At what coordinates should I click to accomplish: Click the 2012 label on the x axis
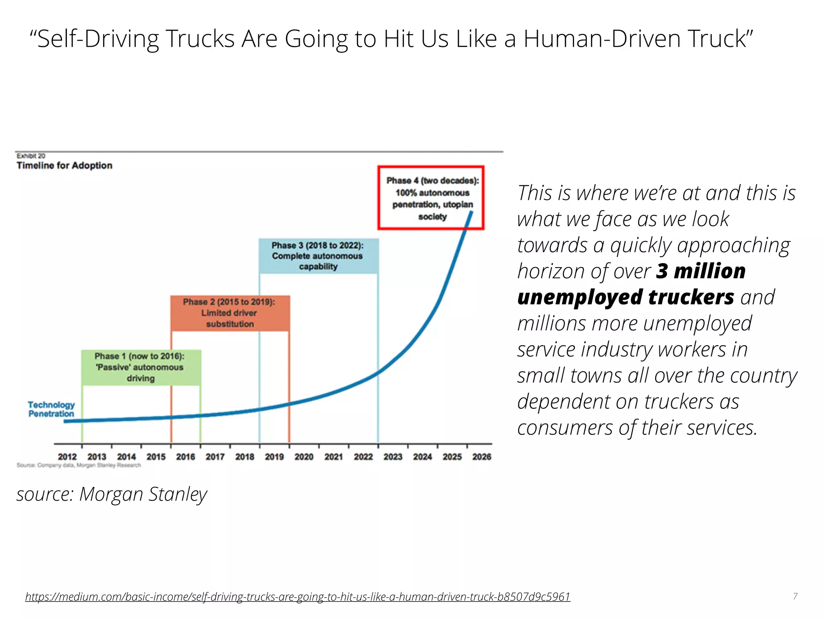tap(67, 457)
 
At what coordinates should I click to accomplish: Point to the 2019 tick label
tap(274, 457)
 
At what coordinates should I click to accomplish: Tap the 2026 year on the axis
tap(482, 457)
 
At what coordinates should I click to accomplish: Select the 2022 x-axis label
tap(363, 457)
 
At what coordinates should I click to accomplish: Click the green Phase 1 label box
tap(141, 367)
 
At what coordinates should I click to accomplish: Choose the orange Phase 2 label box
tap(230, 313)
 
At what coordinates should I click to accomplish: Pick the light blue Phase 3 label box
tap(318, 256)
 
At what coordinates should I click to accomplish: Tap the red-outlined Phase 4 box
tap(431, 198)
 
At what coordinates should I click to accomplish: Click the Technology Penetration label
tap(51, 409)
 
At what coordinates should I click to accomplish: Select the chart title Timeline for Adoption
tap(64, 165)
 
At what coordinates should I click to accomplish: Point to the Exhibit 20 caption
tap(31, 156)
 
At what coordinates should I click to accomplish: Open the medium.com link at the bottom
tap(298, 596)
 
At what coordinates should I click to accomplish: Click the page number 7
tap(795, 596)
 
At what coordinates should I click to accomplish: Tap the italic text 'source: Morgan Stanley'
tap(112, 494)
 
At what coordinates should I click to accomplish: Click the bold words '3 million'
tap(701, 271)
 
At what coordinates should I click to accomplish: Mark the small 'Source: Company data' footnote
tap(79, 465)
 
